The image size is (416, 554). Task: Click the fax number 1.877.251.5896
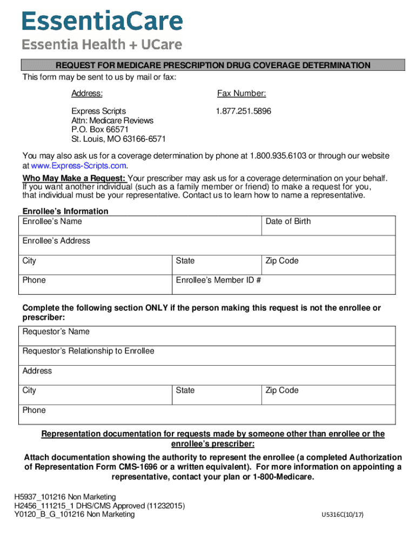[243, 111]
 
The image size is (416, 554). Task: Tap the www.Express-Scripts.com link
[78, 166]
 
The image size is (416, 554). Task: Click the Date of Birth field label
[288, 221]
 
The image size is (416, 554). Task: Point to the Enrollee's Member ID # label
[219, 280]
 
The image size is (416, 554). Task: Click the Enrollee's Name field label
[52, 221]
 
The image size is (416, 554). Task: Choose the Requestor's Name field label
[56, 332]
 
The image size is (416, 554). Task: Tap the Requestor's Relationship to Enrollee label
[88, 351]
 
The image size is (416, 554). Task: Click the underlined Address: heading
[87, 94]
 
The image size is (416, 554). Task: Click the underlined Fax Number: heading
[241, 94]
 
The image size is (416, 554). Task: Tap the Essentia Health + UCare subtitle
[102, 45]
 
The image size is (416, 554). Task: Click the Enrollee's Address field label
[56, 241]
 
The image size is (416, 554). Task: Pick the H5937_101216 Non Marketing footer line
[65, 497]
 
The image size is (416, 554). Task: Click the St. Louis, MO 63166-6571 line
[118, 139]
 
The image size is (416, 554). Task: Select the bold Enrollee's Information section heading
[65, 211]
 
